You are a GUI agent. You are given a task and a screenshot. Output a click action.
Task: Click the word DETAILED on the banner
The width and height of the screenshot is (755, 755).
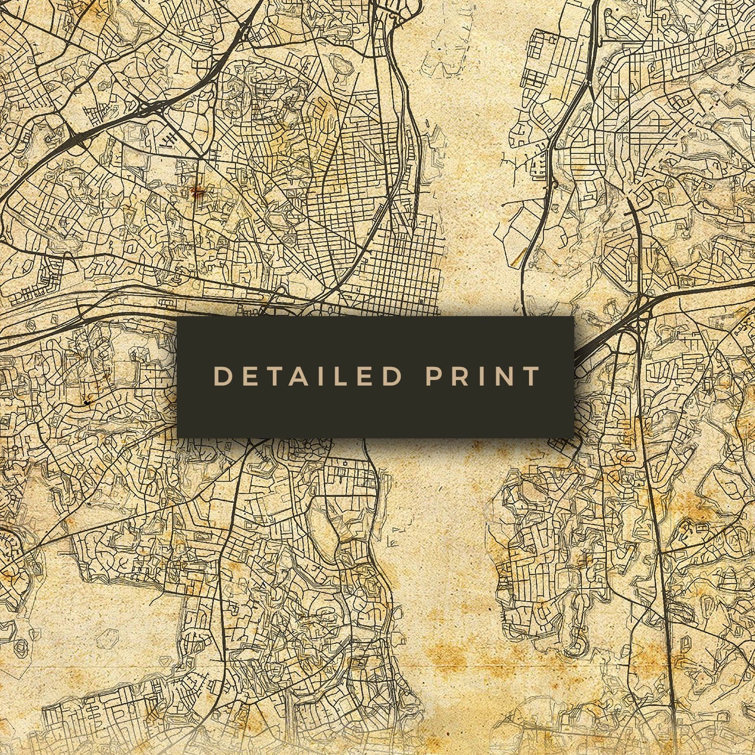point(308,376)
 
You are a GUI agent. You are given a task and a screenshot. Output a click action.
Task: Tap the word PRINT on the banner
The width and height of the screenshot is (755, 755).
point(483,376)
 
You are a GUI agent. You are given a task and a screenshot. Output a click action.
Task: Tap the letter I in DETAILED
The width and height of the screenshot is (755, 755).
point(322,376)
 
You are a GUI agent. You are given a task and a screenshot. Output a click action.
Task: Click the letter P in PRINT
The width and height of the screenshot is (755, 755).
point(433,376)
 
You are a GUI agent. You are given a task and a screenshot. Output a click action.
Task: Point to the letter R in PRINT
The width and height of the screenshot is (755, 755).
point(459,376)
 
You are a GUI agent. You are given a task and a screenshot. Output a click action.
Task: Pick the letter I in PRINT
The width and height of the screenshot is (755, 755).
point(481,376)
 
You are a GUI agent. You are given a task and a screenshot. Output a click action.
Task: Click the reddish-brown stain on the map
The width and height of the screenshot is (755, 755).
point(198,192)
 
